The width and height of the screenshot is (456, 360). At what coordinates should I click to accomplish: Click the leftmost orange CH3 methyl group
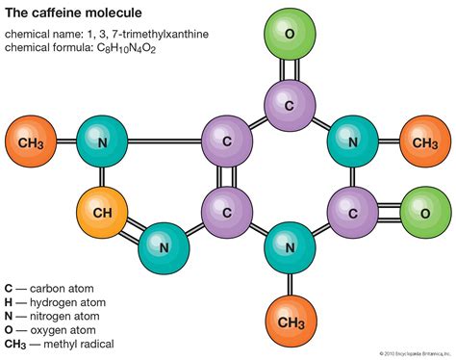click(x=30, y=142)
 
